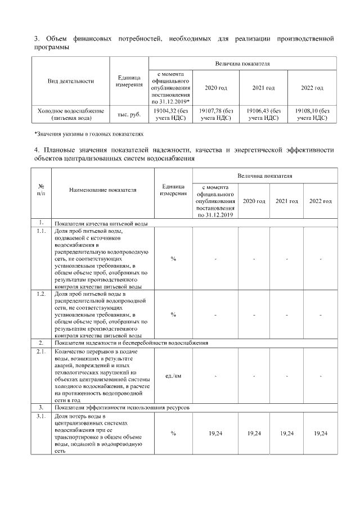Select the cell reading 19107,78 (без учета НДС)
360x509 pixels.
(216, 115)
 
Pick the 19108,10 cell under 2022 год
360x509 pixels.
(312, 115)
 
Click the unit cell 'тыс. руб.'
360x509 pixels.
(128, 115)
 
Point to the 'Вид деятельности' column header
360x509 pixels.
(70, 81)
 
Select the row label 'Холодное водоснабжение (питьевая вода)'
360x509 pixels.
(70, 115)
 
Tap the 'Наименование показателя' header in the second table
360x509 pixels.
(103, 190)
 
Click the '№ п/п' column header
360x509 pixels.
(42, 190)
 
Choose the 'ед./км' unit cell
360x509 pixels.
(173, 375)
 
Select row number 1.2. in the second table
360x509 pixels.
(42, 294)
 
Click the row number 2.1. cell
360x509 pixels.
(42, 352)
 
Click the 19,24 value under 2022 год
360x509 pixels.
(320, 434)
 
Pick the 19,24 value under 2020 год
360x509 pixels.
(254, 434)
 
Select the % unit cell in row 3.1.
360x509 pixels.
(173, 434)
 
